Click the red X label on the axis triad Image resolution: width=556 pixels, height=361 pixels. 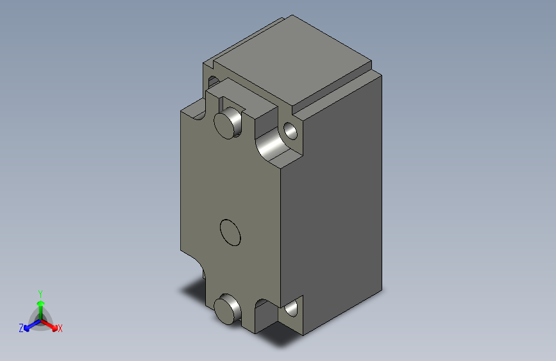60,329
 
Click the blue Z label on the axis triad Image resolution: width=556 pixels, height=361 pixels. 21,328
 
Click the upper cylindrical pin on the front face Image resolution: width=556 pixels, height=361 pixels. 226,123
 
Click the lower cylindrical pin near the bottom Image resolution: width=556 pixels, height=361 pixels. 226,310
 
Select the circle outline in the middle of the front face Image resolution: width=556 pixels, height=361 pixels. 230,232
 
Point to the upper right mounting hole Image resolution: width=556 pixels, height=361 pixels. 291,132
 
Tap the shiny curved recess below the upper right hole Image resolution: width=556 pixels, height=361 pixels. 272,149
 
